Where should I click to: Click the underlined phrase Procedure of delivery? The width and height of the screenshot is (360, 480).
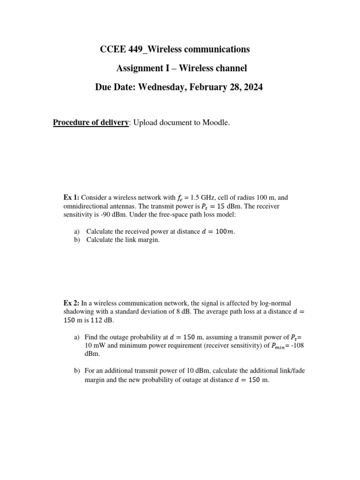(x=90, y=123)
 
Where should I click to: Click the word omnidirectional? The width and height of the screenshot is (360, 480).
(x=86, y=206)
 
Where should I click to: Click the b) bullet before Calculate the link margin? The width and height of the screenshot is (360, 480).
(x=77, y=240)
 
